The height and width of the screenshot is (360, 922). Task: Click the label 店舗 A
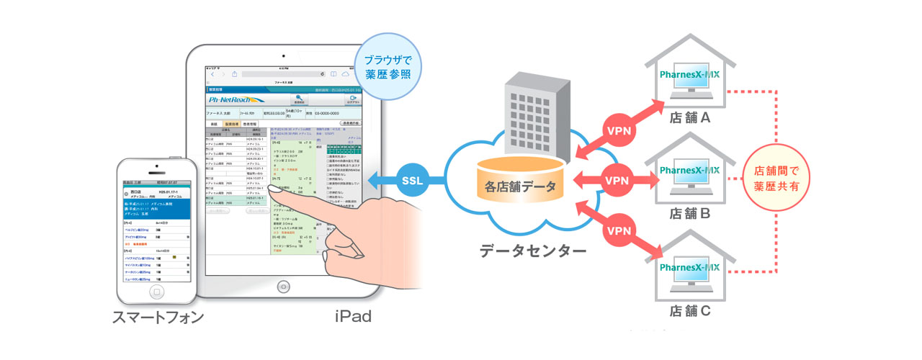[690, 117]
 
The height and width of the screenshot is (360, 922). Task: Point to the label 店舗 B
[690, 214]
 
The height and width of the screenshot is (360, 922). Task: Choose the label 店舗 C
[690, 311]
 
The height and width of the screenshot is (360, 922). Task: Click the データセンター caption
[532, 251]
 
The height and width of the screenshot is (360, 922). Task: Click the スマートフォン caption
[158, 316]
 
